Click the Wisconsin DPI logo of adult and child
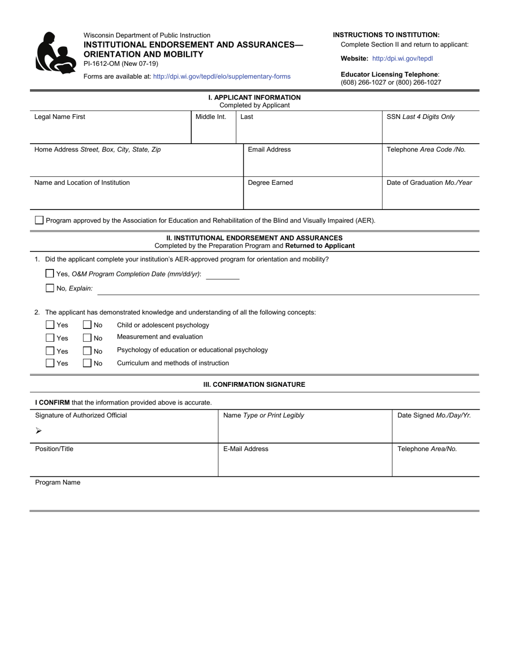(x=55, y=53)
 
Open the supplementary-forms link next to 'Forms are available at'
(x=221, y=77)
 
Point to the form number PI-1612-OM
(x=102, y=63)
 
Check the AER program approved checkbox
(x=39, y=220)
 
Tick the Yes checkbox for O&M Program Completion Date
(x=50, y=273)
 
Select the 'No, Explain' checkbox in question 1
(x=50, y=288)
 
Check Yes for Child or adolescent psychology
(x=50, y=325)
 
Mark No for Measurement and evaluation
(x=87, y=338)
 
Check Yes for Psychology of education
(x=50, y=351)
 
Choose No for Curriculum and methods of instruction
(x=87, y=363)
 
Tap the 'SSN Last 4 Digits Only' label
(x=421, y=117)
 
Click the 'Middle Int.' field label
(x=211, y=117)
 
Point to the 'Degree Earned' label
(x=270, y=183)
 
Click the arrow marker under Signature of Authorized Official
(x=39, y=431)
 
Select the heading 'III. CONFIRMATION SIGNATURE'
(x=254, y=385)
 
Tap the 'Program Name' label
(x=58, y=482)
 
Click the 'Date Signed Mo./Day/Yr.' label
(x=434, y=415)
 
